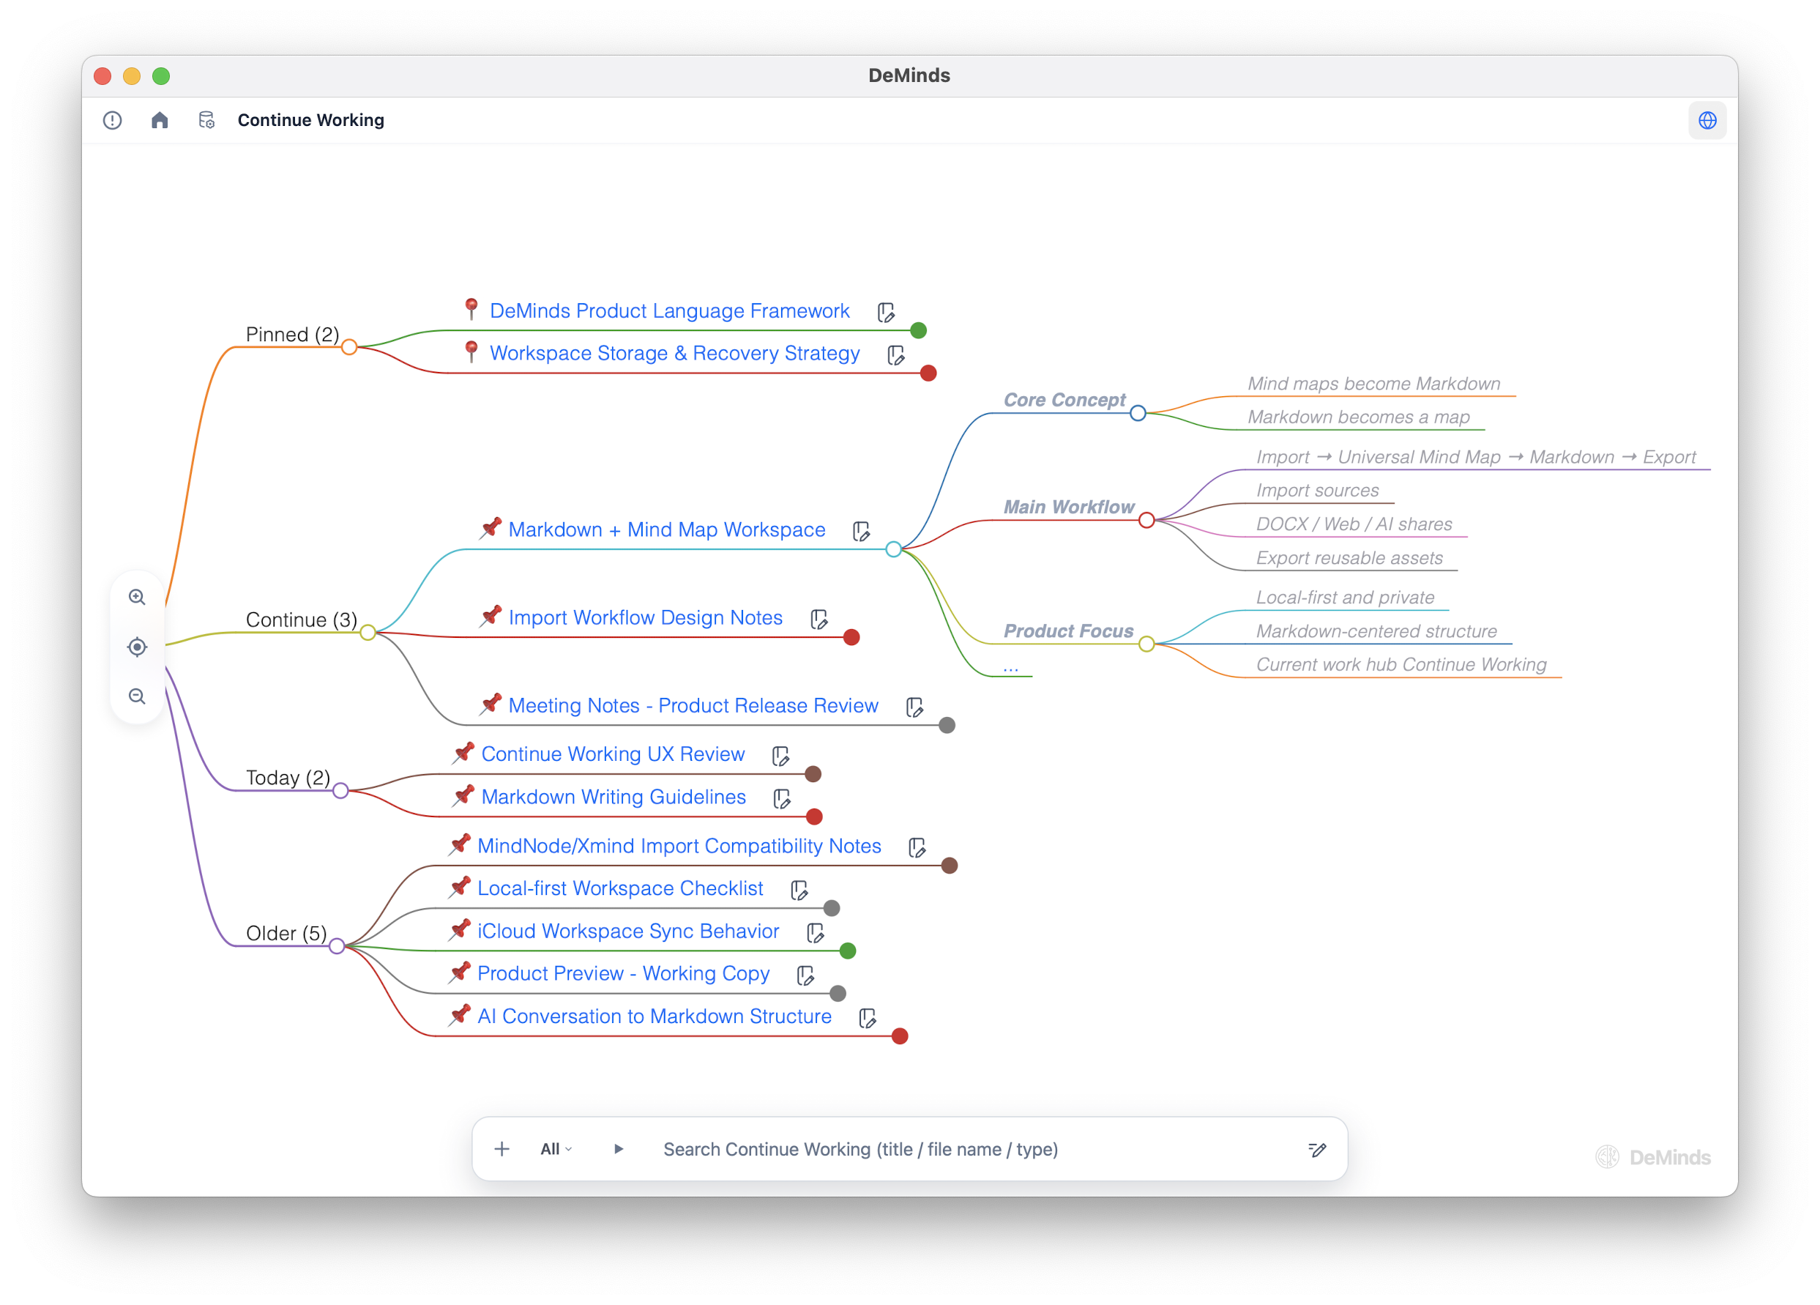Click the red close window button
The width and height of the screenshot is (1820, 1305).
pyautogui.click(x=102, y=76)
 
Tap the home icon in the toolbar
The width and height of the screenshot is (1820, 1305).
pyautogui.click(x=160, y=120)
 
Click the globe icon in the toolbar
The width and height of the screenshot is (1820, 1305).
pyautogui.click(x=1707, y=120)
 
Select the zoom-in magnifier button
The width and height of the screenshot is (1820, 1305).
pyautogui.click(x=137, y=598)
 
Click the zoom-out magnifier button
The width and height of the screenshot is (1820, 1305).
pyautogui.click(x=137, y=696)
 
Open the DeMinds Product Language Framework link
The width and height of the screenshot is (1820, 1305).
pyautogui.click(x=669, y=311)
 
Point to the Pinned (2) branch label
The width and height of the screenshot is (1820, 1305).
pyautogui.click(x=292, y=334)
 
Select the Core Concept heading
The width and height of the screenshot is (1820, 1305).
pyautogui.click(x=1064, y=400)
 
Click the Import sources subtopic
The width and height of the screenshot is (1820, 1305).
pyautogui.click(x=1317, y=491)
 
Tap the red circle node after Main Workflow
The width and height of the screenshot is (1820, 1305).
pyautogui.click(x=1146, y=521)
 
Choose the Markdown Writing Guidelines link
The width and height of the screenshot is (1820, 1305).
pyautogui.click(x=613, y=797)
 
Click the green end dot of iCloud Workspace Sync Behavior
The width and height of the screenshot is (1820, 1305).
pyautogui.click(x=848, y=951)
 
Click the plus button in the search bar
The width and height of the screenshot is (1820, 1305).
pyautogui.click(x=501, y=1149)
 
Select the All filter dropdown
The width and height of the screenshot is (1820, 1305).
pyautogui.click(x=556, y=1149)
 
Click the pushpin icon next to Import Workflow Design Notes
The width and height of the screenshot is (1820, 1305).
pyautogui.click(x=491, y=617)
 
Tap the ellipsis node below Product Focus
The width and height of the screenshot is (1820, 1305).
pyautogui.click(x=1010, y=667)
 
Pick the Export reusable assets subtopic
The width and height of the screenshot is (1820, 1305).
pyautogui.click(x=1349, y=558)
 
